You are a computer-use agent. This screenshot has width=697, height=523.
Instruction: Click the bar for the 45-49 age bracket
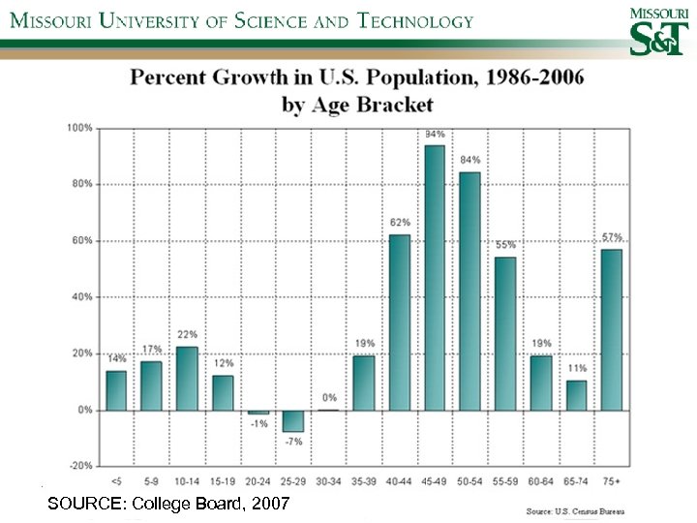(435, 277)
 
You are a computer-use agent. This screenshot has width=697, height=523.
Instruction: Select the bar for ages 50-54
(470, 291)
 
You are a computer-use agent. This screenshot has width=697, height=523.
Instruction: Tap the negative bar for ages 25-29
(293, 420)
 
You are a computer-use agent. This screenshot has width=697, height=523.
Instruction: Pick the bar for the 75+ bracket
(612, 329)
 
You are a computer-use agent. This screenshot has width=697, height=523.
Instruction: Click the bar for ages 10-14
(187, 378)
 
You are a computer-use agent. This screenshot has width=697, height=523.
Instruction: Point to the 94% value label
(435, 134)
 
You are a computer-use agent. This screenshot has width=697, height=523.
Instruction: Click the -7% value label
(293, 441)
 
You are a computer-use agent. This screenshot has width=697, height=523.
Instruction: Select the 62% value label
(399, 222)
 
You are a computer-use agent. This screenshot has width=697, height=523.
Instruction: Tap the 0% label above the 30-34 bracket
(329, 397)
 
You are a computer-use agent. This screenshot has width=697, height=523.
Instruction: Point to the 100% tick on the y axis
(80, 127)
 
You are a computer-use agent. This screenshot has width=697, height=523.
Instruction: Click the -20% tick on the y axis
(80, 466)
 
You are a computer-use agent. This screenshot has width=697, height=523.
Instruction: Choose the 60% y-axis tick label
(82, 240)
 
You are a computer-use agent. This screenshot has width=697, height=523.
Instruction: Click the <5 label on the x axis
(116, 477)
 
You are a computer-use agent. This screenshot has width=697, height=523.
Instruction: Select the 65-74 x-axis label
(576, 477)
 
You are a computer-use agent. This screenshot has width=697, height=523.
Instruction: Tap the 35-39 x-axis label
(364, 477)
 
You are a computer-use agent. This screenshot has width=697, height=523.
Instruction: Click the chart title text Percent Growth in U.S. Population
(357, 78)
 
